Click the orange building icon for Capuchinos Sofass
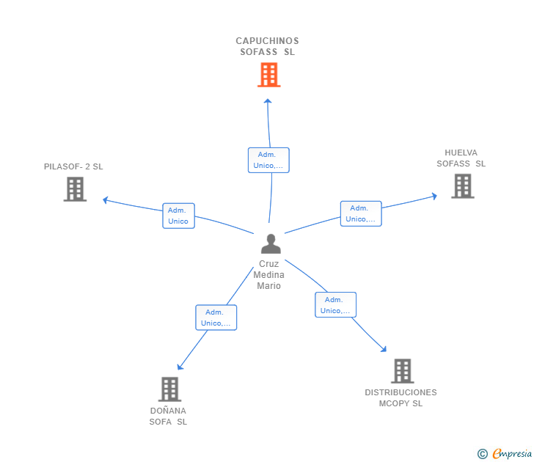[x=268, y=75]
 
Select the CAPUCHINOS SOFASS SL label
[x=267, y=46]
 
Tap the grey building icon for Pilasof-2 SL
[x=75, y=189]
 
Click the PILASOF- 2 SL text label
[x=73, y=166]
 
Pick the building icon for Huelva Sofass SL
[x=462, y=186]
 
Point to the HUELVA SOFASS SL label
[x=461, y=158]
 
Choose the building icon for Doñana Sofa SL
[x=169, y=389]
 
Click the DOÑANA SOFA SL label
[x=168, y=416]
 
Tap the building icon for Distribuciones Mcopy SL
[x=402, y=371]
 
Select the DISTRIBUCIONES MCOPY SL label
[x=400, y=397]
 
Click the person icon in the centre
[x=271, y=244]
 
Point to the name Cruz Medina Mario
[x=268, y=275]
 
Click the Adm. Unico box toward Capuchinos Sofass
[x=268, y=160]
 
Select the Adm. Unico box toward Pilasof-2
[x=178, y=216]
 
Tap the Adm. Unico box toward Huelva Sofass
[x=361, y=213]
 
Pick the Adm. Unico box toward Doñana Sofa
[x=216, y=318]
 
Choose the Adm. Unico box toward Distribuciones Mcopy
[x=335, y=305]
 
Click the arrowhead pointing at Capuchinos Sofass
[x=268, y=101]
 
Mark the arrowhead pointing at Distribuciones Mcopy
[x=383, y=349]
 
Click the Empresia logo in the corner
[x=506, y=454]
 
